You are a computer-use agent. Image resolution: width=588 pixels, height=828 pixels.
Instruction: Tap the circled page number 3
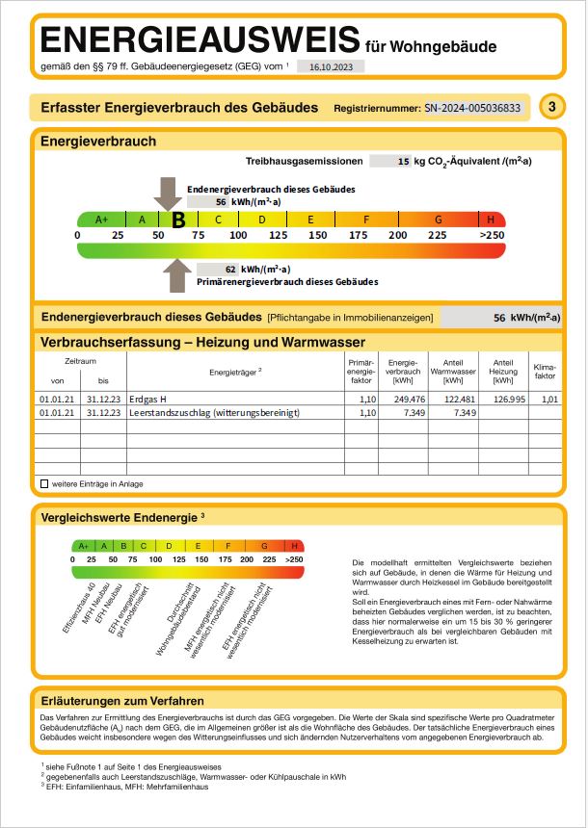551,108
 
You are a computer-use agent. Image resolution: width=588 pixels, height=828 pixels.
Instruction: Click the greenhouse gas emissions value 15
404,162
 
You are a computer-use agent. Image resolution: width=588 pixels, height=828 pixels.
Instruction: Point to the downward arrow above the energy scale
167,193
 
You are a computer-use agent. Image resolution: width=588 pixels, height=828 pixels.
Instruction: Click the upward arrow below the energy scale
176,274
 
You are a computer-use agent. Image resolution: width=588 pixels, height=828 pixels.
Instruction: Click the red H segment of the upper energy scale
491,219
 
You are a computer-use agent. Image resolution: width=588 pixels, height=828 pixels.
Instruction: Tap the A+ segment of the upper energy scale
102,219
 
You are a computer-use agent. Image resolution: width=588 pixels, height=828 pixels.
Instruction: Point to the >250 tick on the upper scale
491,235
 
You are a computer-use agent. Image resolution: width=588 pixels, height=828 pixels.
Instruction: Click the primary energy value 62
230,270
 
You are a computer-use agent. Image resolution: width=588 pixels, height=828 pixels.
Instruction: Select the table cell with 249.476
403,398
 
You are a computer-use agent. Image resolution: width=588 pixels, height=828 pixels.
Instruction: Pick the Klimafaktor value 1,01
550,398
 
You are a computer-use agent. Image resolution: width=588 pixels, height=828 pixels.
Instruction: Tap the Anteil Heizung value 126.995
506,398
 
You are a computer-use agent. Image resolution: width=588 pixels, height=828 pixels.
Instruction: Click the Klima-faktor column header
546,371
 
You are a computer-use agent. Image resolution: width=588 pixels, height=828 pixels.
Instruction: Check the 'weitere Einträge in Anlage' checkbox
43,483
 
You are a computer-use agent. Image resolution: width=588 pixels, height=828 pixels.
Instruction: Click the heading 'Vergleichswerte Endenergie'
119,517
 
